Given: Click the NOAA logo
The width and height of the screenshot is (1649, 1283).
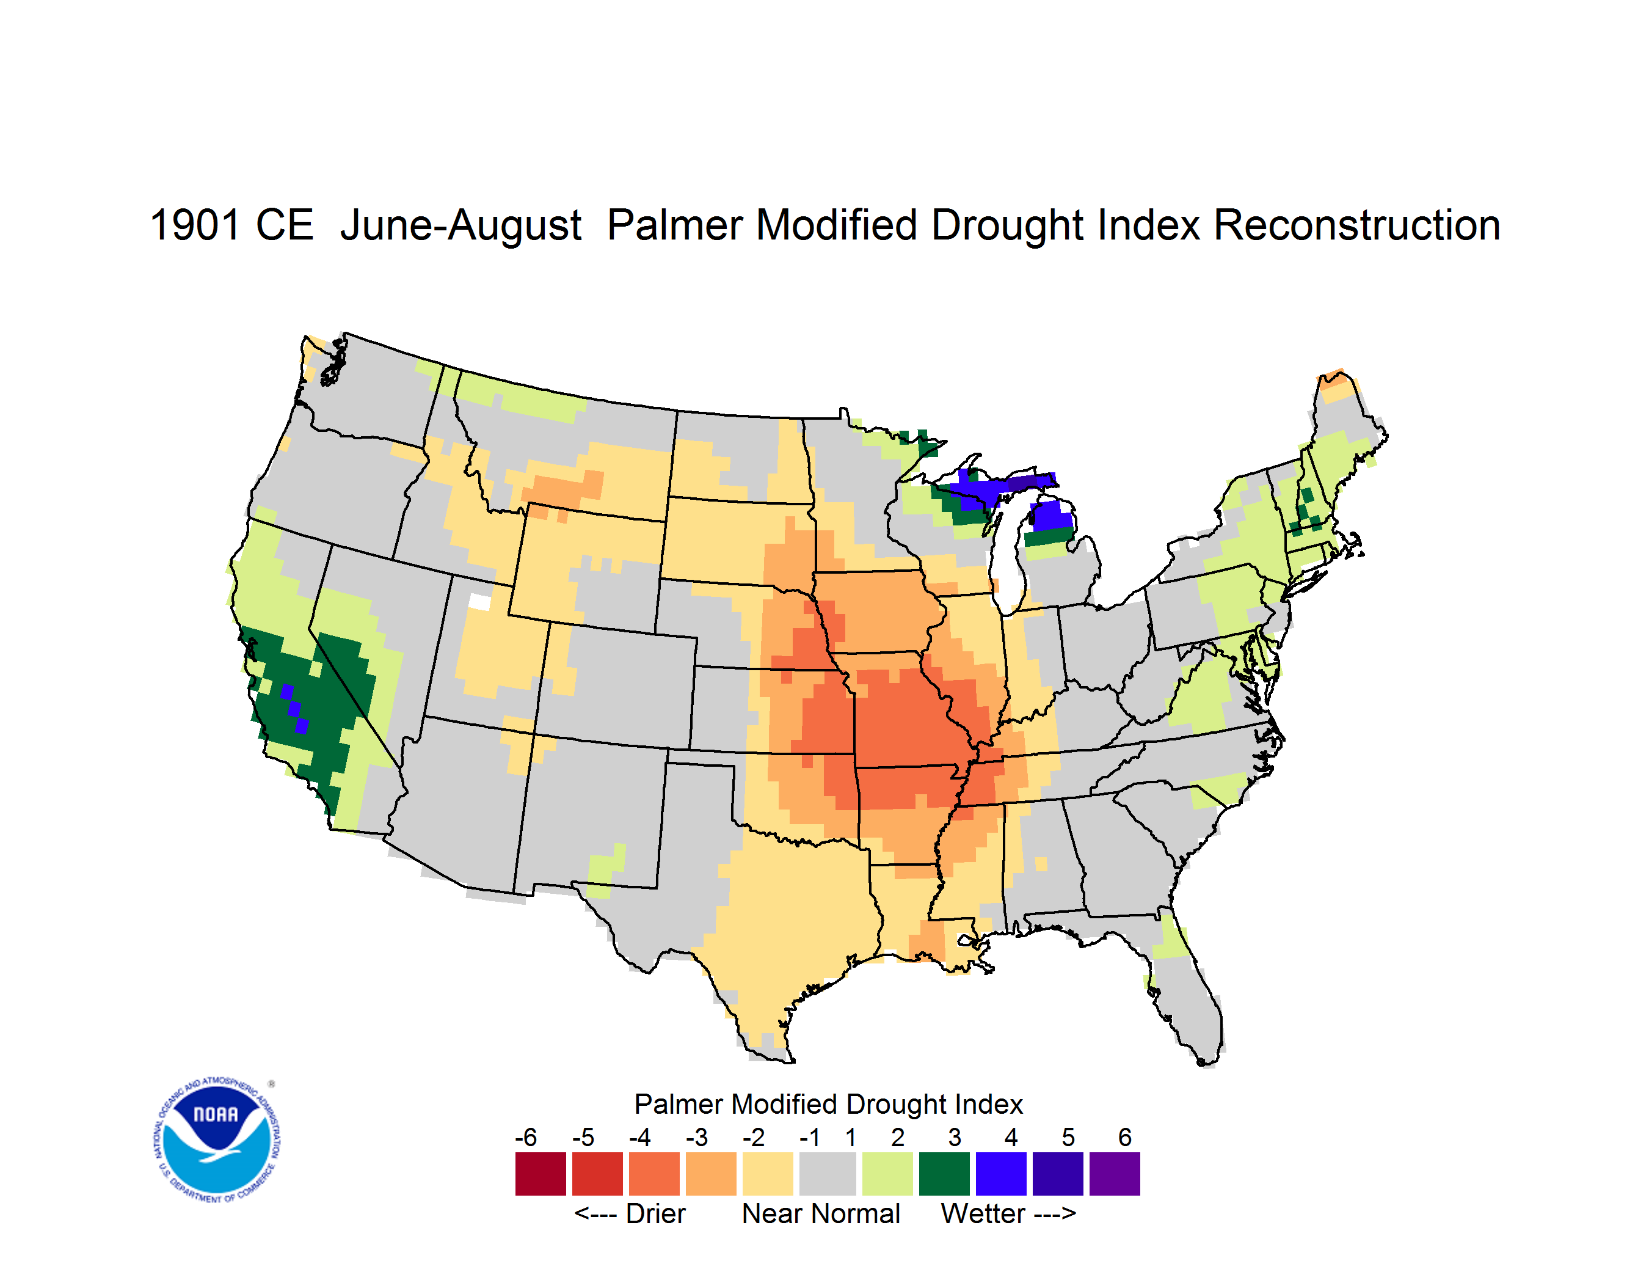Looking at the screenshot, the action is coord(217,1140).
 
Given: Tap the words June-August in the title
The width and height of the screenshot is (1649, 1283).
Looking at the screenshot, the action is coord(460,227).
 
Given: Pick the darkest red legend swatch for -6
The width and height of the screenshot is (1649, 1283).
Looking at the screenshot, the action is coord(541,1174).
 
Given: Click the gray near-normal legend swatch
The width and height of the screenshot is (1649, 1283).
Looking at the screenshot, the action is coord(828,1174).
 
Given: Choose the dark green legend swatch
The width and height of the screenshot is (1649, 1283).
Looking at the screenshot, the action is coord(944,1174).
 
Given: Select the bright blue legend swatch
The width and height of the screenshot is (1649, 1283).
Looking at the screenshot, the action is coord(1001,1174).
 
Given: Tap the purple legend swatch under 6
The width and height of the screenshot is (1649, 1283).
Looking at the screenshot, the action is coord(1115,1174).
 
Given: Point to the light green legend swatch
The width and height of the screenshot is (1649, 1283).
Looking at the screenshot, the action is coord(887,1174).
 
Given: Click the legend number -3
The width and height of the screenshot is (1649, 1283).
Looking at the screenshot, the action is coord(697,1137).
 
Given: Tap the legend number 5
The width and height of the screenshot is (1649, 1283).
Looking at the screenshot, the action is coord(1068,1137).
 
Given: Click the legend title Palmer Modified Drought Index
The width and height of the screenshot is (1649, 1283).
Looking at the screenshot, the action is coord(828,1105).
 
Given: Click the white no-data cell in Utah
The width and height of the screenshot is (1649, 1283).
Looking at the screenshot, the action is coord(479,602).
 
